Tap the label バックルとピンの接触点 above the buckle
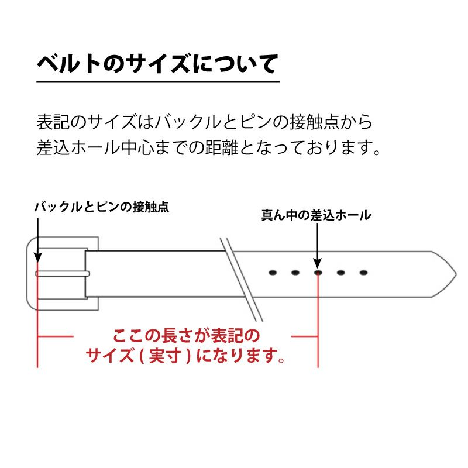click(x=101, y=207)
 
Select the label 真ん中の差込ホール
click(x=316, y=215)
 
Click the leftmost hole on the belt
click(x=272, y=273)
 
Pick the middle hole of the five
click(x=318, y=273)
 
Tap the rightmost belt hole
click(x=363, y=273)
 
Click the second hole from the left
click(x=295, y=273)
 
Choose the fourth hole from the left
click(x=340, y=273)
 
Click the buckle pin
click(x=61, y=273)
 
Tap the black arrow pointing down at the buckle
click(x=38, y=240)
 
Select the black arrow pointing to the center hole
click(x=317, y=246)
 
